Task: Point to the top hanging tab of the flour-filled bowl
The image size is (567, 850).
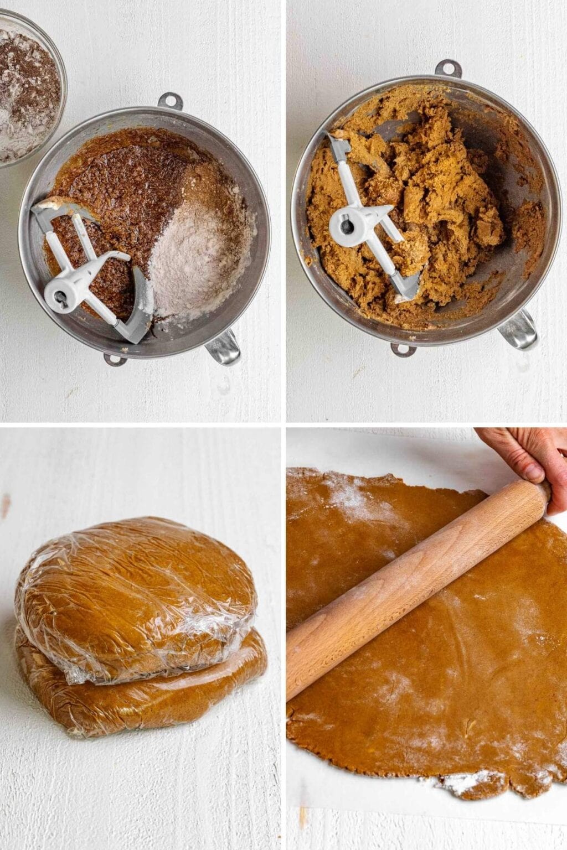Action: tap(169, 101)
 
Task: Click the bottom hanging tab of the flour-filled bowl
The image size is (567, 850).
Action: tap(116, 359)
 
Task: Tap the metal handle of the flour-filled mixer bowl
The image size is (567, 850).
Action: tap(224, 349)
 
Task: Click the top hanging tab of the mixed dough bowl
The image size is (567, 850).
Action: tap(448, 69)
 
